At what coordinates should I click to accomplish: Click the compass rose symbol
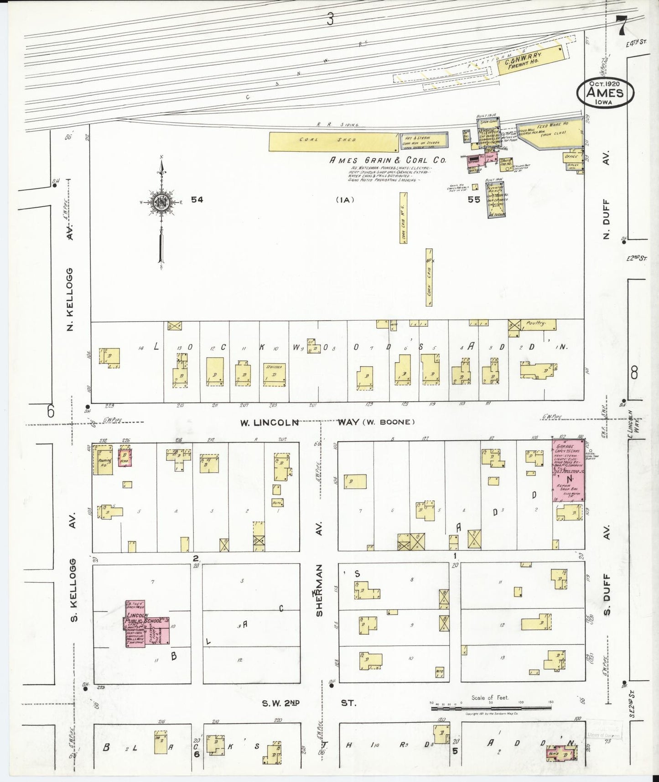(x=161, y=202)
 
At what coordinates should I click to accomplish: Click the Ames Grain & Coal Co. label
(x=388, y=160)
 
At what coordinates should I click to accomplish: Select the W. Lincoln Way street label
(x=269, y=422)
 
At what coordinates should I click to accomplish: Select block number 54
(x=197, y=199)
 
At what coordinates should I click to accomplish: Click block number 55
(x=473, y=199)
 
